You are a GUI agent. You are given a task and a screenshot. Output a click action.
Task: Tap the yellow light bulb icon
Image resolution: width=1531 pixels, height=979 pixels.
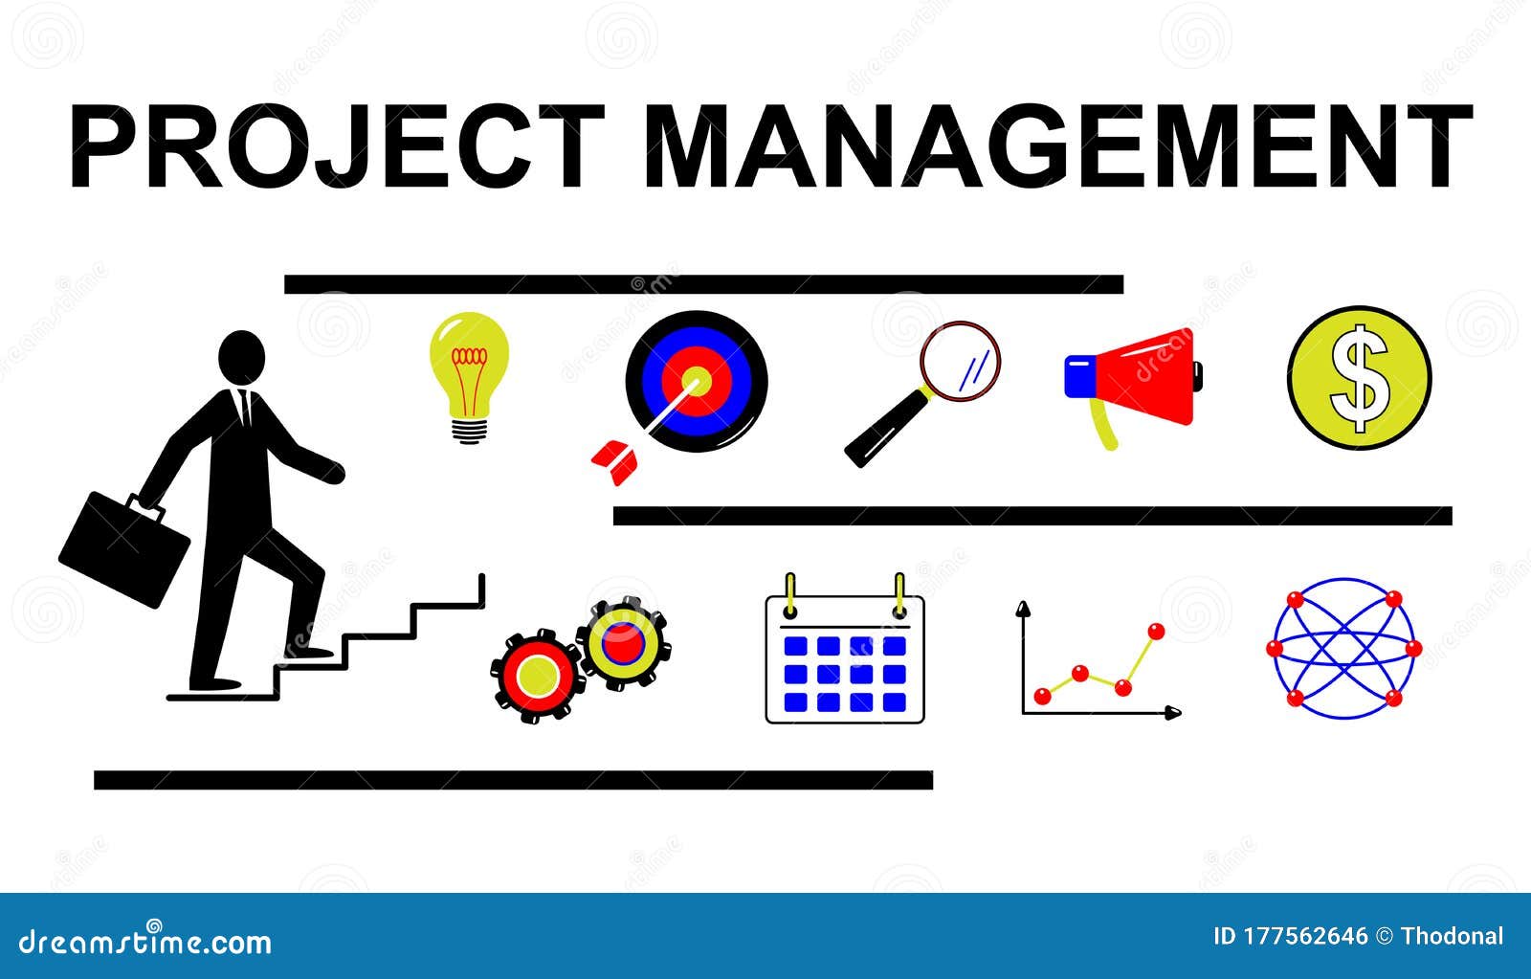pyautogui.click(x=468, y=373)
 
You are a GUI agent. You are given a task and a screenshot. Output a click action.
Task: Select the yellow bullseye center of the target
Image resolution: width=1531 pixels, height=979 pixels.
pyautogui.click(x=697, y=381)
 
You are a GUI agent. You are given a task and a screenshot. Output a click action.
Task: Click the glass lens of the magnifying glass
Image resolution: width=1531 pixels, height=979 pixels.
pyautogui.click(x=960, y=361)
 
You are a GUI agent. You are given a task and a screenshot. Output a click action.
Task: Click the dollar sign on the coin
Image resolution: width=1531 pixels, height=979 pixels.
pyautogui.click(x=1360, y=378)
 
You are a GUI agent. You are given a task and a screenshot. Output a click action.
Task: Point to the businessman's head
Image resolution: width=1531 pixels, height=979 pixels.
pyautogui.click(x=241, y=358)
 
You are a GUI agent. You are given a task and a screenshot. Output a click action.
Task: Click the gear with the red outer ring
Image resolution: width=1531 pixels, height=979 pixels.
pyautogui.click(x=537, y=676)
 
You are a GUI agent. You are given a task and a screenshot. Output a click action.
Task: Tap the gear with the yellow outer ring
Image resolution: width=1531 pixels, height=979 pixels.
pyautogui.click(x=623, y=643)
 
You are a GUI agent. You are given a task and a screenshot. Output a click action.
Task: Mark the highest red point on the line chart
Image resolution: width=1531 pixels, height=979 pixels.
pyautogui.click(x=1156, y=631)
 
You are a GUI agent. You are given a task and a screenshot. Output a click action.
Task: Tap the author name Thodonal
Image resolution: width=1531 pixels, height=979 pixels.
pyautogui.click(x=1452, y=936)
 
